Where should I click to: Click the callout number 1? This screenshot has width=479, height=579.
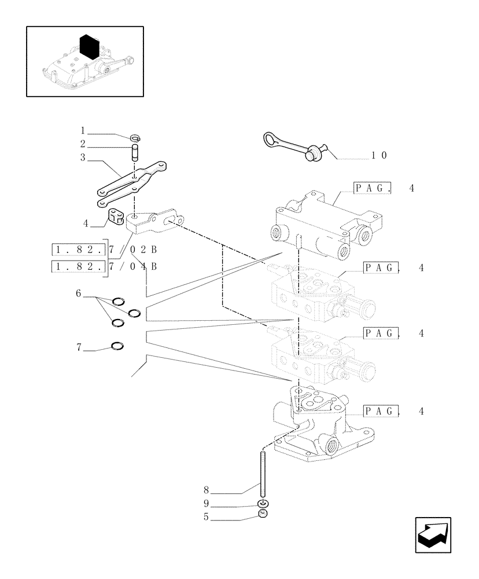[x=83, y=130]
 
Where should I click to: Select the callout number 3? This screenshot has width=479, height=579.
[x=83, y=157]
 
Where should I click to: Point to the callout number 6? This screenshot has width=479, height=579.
[x=78, y=294]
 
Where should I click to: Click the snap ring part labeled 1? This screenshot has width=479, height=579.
[x=135, y=138]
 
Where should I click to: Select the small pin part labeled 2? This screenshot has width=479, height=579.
[x=135, y=155]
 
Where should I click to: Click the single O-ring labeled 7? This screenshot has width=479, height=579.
[x=117, y=346]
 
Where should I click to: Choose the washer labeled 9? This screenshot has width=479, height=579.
[x=263, y=503]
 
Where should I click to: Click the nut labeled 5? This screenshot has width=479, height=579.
[x=263, y=514]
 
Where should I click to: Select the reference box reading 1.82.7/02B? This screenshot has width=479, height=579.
[x=104, y=250]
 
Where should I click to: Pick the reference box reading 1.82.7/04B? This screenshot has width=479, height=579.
[x=104, y=266]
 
